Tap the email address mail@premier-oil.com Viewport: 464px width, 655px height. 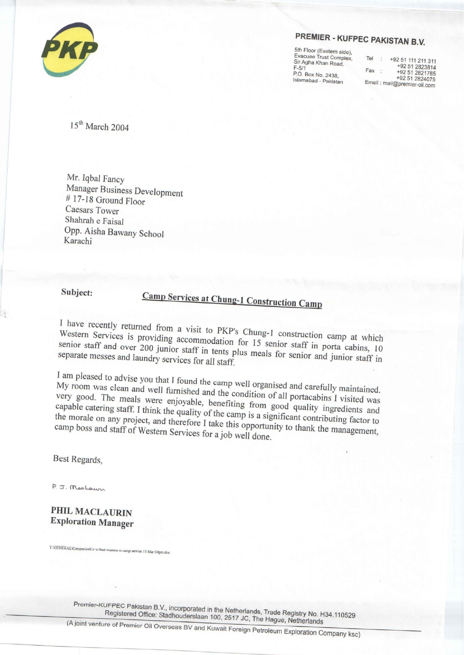click(x=409, y=84)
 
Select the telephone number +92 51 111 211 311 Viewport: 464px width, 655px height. click(x=413, y=61)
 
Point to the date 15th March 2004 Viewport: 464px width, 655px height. click(x=99, y=126)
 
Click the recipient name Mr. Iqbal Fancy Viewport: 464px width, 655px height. click(x=95, y=179)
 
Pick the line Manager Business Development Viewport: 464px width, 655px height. click(x=124, y=190)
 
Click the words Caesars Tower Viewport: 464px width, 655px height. click(x=92, y=210)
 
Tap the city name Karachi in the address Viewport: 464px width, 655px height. click(x=78, y=240)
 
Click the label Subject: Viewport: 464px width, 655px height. click(x=77, y=292)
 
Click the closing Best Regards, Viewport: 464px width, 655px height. click(x=78, y=459)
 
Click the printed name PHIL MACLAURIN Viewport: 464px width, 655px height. click(x=91, y=512)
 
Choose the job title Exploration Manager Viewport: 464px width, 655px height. click(x=92, y=523)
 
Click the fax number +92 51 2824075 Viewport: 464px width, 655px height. click(x=416, y=79)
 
